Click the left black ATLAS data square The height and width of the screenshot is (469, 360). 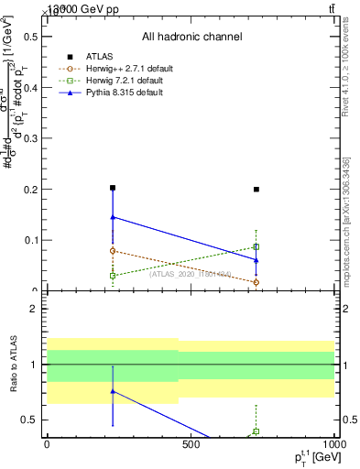coord(113,188)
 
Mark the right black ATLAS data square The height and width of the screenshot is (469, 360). coord(256,190)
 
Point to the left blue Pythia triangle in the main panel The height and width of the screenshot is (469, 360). coord(113,217)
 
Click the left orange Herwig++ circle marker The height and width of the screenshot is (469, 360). coord(113,251)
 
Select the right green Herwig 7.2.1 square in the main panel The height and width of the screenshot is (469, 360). coord(256,246)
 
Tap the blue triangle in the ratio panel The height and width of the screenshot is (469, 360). coord(113,391)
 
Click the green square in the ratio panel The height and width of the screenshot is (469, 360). coord(256,431)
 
